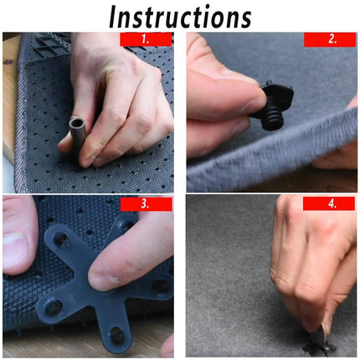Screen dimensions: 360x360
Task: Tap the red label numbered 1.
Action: point(146,39)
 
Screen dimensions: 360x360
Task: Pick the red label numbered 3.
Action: point(146,204)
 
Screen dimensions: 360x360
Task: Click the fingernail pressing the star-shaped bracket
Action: point(105,276)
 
